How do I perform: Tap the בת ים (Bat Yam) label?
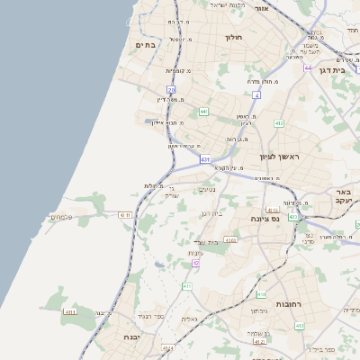click(146, 44)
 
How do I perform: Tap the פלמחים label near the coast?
click(61, 216)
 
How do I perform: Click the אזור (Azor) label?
click(262, 7)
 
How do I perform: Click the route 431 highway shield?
click(205, 159)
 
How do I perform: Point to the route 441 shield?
click(204, 112)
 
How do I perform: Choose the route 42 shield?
click(195, 263)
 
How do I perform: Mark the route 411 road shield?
click(187, 286)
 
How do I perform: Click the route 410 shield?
click(261, 294)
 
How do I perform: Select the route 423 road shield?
click(293, 217)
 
